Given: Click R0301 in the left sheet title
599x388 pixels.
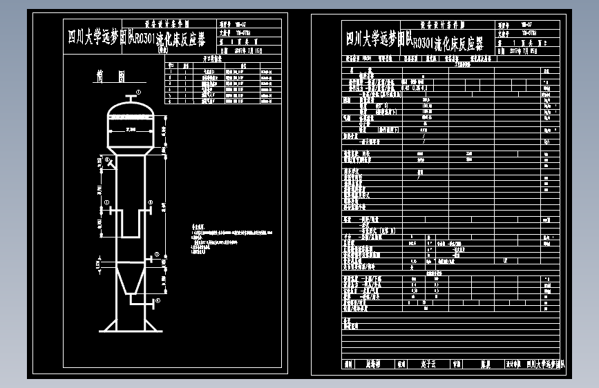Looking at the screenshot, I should (144, 38).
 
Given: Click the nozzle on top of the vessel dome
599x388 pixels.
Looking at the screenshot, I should (129, 97).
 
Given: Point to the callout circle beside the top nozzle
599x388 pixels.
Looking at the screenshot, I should (138, 93).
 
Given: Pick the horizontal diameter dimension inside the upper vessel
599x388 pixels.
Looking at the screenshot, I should (129, 130).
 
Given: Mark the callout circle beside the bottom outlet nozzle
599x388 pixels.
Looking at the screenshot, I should (158, 300).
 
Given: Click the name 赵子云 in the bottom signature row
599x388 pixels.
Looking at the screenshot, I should (428, 364).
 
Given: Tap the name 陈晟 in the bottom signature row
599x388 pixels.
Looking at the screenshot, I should (485, 364).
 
